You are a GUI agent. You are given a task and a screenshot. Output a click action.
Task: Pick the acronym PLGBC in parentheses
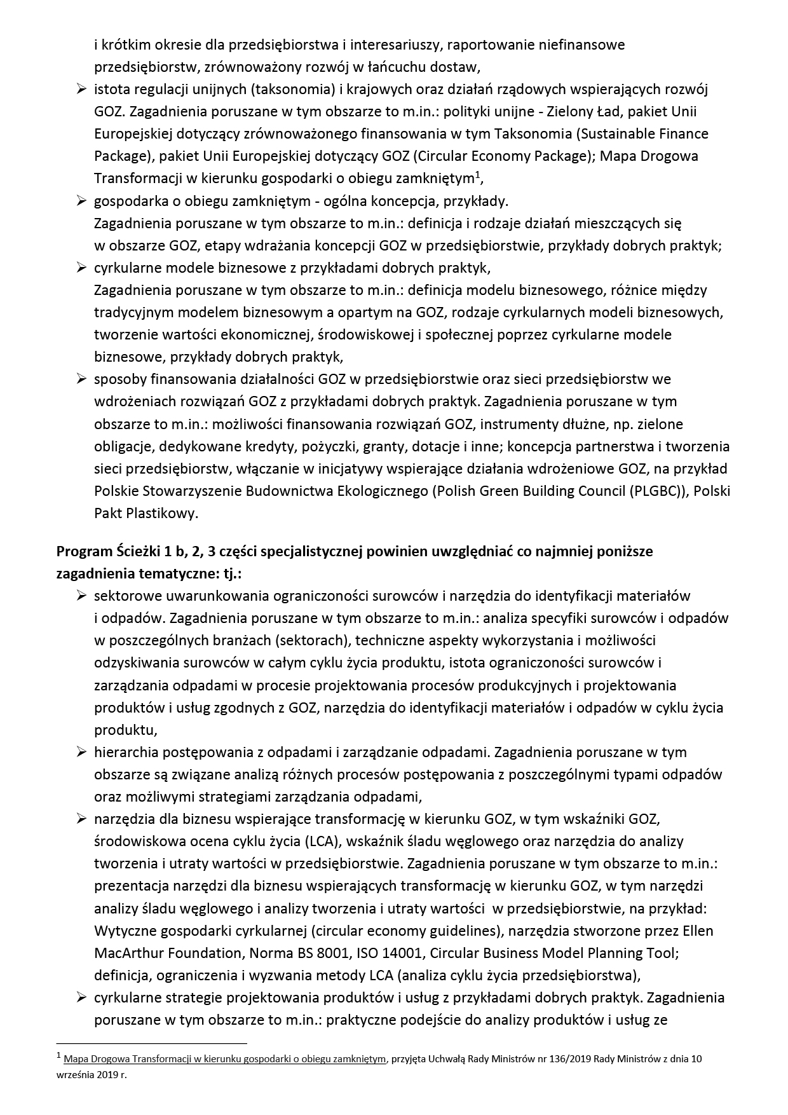click(656, 491)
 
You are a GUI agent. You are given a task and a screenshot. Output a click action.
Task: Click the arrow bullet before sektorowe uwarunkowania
click(81, 596)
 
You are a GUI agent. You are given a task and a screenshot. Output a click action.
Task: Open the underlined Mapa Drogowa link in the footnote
click(224, 1060)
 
